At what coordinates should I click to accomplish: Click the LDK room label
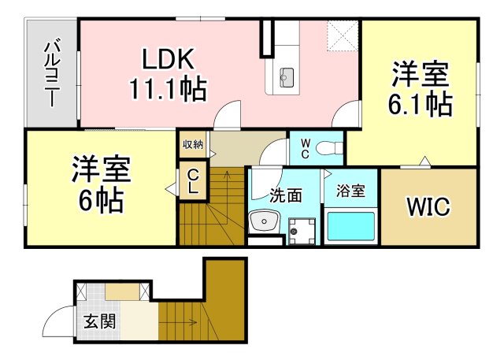click(x=168, y=58)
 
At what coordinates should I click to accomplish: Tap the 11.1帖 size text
click(x=168, y=88)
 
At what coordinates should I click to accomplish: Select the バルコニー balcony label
click(x=51, y=73)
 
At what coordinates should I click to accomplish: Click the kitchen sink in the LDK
click(x=287, y=77)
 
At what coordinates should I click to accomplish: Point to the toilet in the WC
click(x=329, y=149)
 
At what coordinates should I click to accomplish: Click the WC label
click(x=306, y=149)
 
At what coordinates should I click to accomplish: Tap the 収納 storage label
click(x=193, y=144)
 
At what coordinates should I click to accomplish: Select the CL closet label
click(x=193, y=182)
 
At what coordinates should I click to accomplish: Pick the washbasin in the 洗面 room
click(x=264, y=221)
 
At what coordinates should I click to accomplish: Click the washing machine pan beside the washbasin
click(x=302, y=231)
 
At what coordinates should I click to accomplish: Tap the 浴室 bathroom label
click(x=350, y=191)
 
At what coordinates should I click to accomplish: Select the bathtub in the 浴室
click(x=350, y=226)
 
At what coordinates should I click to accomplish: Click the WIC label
click(x=428, y=206)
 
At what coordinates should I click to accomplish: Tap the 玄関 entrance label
click(x=100, y=321)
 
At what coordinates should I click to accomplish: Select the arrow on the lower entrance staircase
click(x=179, y=321)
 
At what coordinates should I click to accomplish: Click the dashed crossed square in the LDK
click(x=343, y=35)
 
